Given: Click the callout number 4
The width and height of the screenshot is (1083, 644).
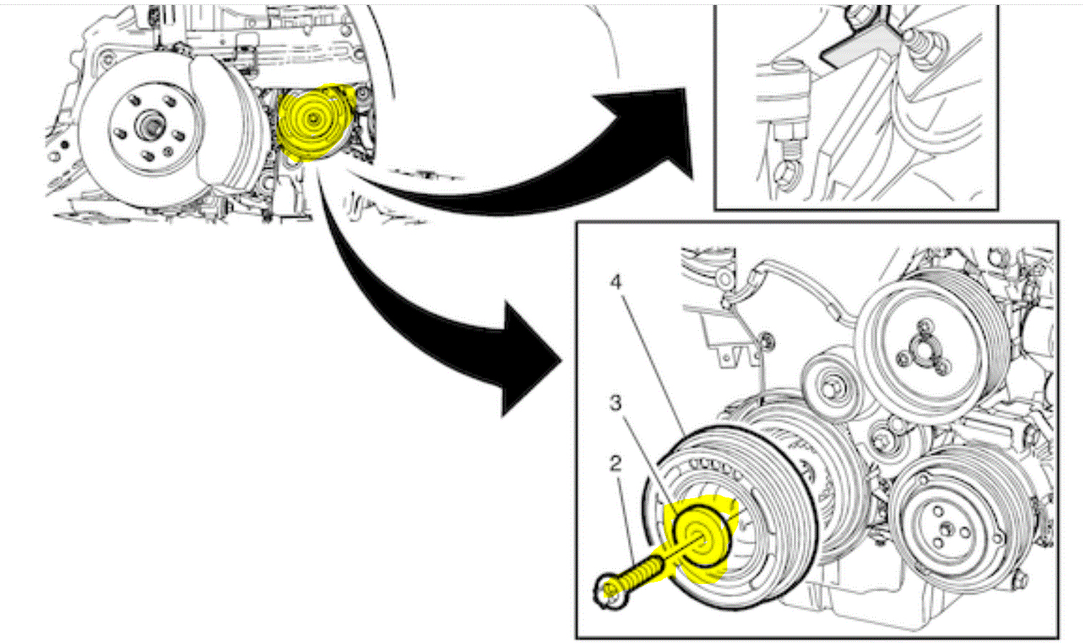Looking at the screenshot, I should click(616, 282).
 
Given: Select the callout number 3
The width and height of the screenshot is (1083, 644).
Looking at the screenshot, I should click(616, 404).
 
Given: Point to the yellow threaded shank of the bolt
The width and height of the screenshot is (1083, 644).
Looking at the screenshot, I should click(643, 572).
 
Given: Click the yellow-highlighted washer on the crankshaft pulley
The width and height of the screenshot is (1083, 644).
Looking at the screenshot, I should click(701, 536).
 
